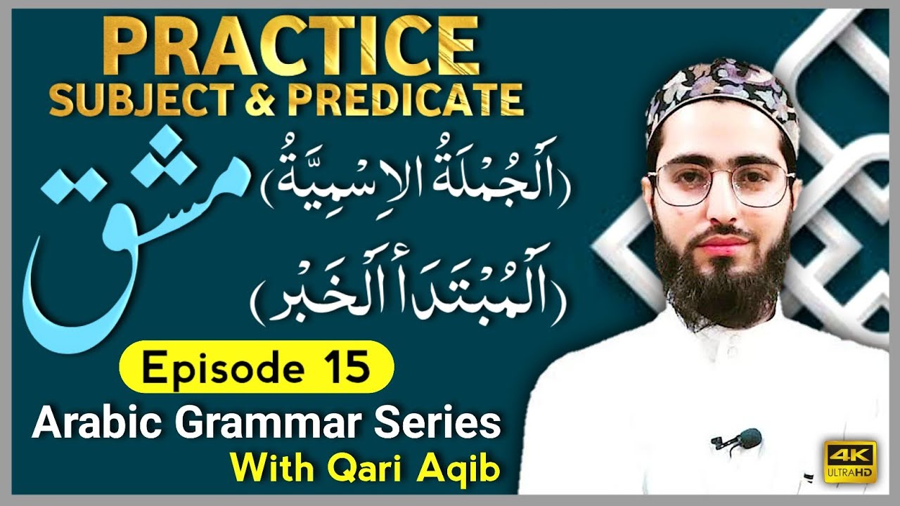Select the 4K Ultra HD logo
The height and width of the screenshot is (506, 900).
(x=849, y=462)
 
